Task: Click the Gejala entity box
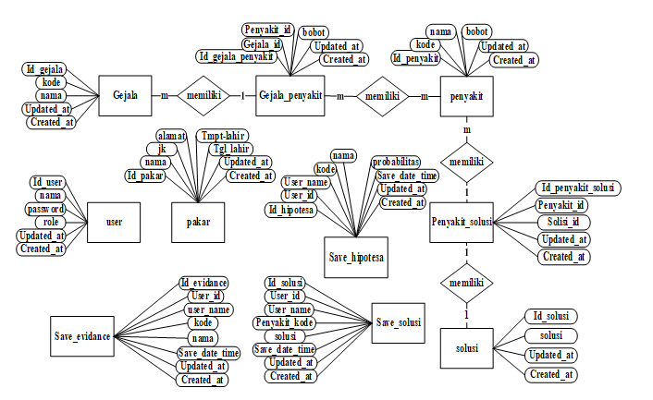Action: pyautogui.click(x=125, y=95)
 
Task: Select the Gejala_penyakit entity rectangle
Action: pyautogui.click(x=290, y=95)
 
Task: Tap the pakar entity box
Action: pyautogui.click(x=198, y=222)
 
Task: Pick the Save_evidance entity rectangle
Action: pyautogui.click(x=83, y=337)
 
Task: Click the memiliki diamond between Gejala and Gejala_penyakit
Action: pyautogui.click(x=203, y=95)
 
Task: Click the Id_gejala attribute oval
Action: pyautogui.click(x=43, y=69)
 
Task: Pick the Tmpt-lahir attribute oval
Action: pyautogui.click(x=221, y=135)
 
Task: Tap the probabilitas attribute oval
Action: pyautogui.click(x=397, y=162)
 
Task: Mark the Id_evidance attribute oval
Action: pyautogui.click(x=203, y=282)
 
